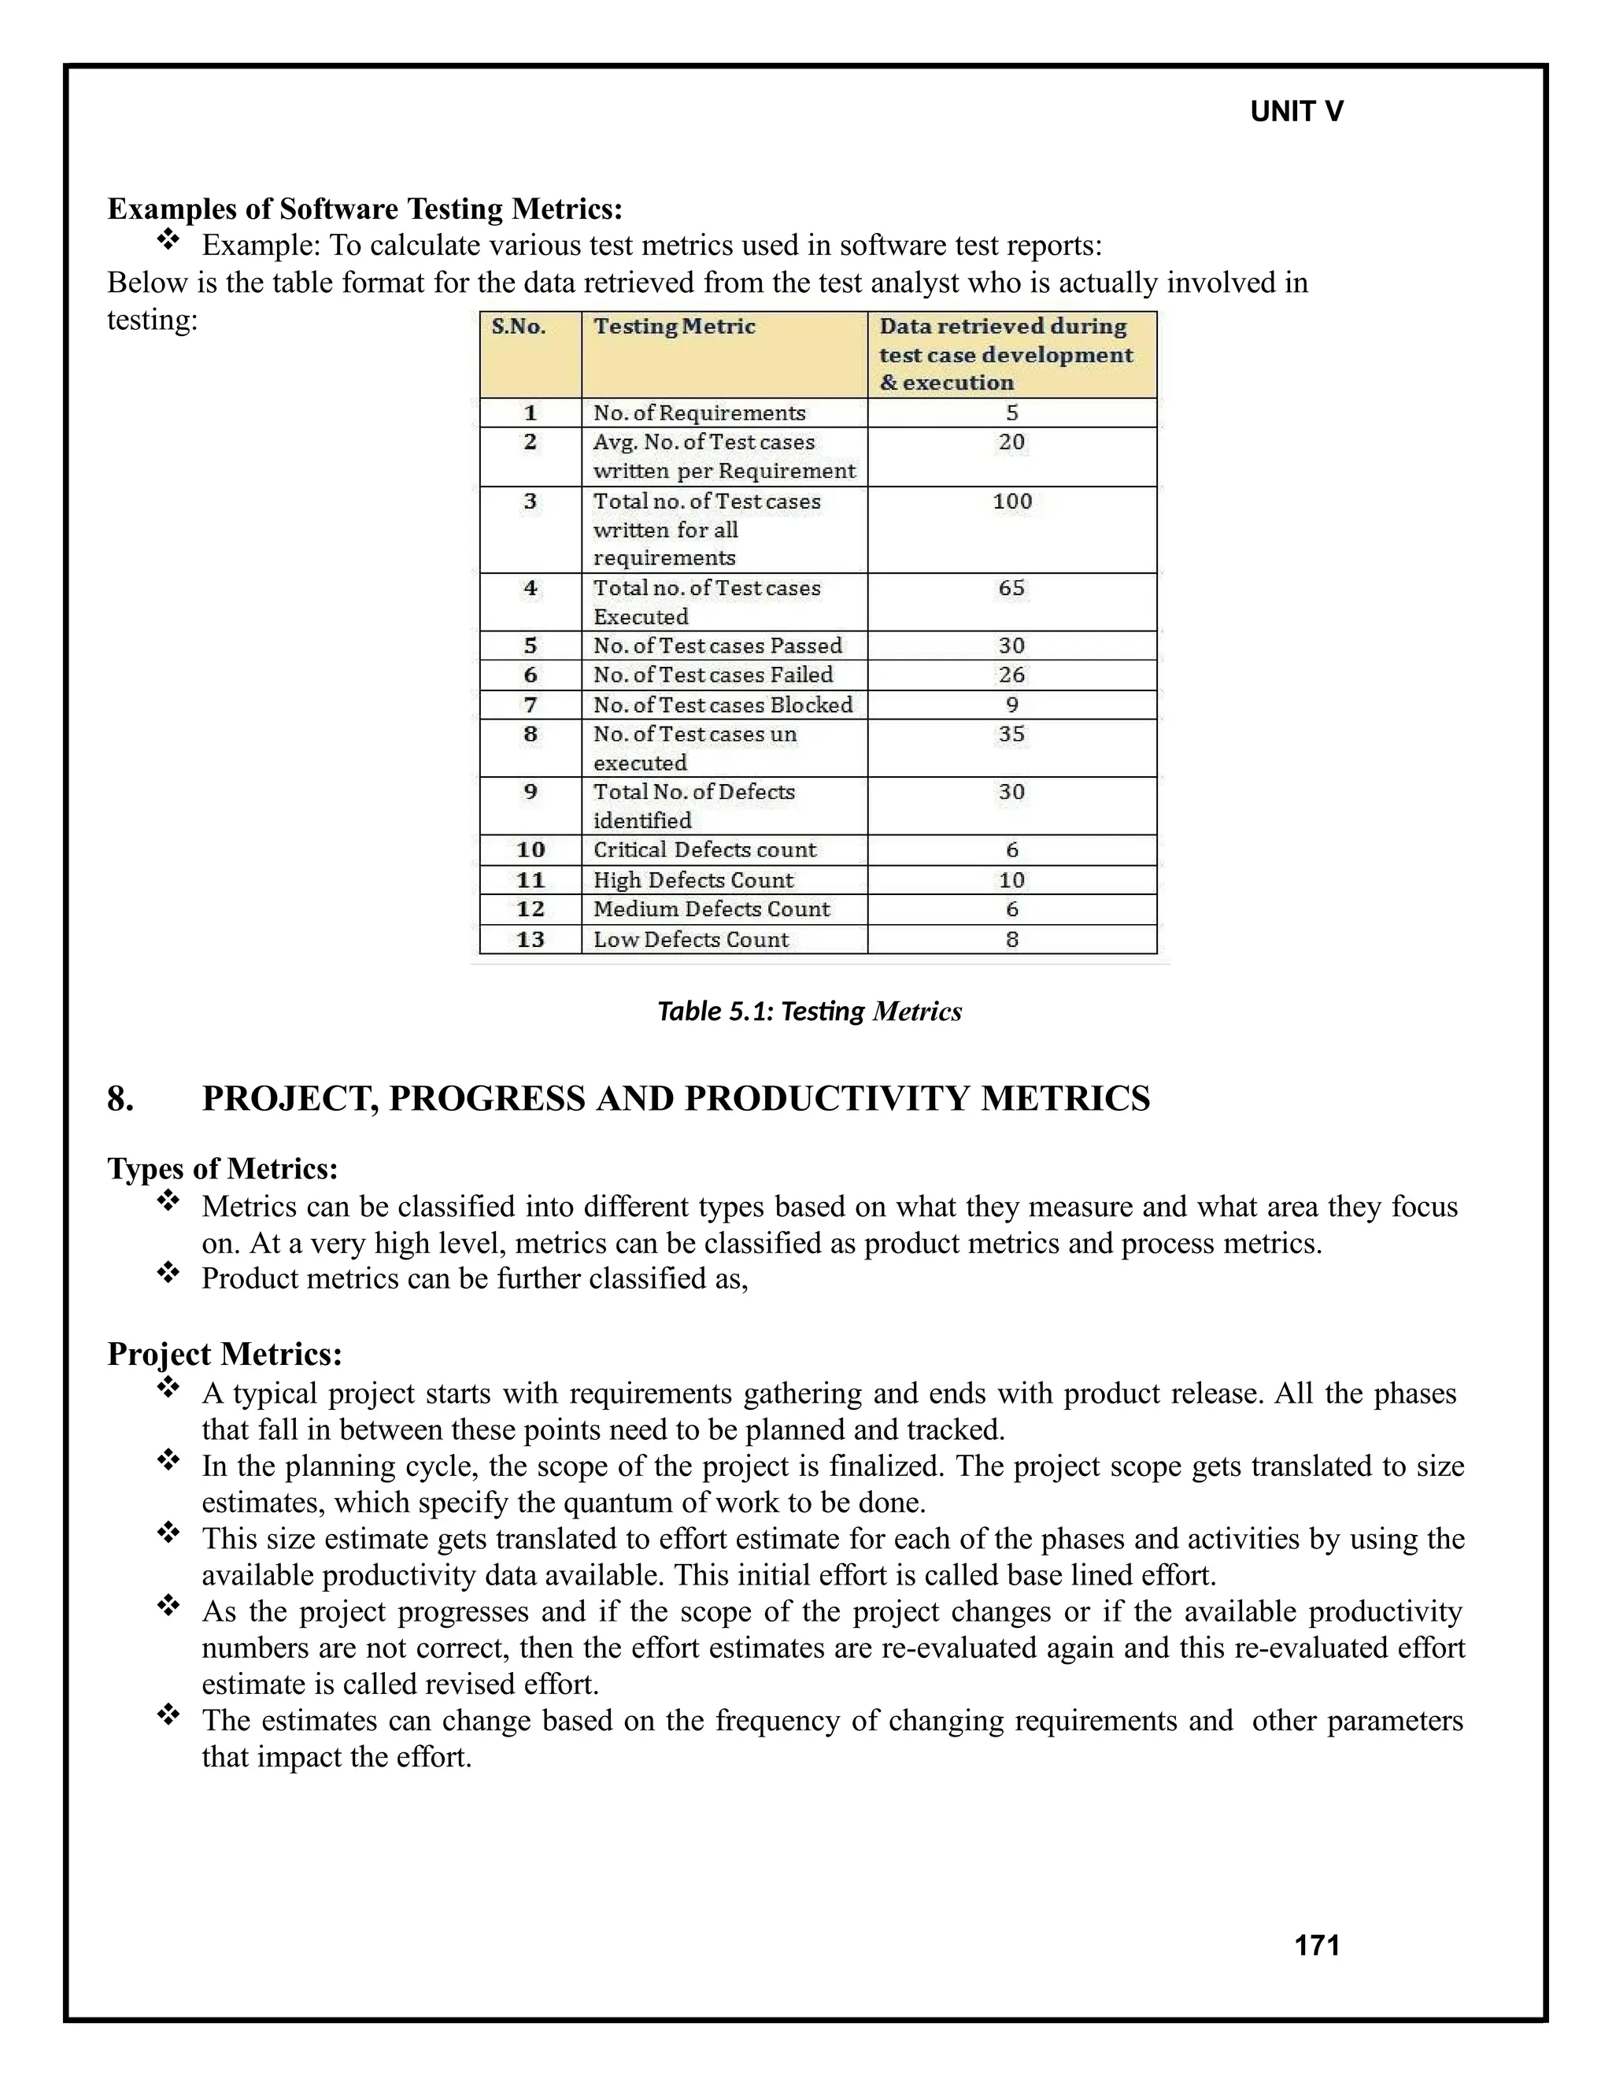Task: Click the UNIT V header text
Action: click(x=1296, y=112)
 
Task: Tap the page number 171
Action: click(x=1316, y=1946)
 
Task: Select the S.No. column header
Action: click(x=519, y=327)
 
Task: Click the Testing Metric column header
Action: click(x=675, y=327)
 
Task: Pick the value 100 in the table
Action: click(x=1011, y=501)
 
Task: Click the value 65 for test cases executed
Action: click(x=1011, y=588)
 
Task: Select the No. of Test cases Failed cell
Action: click(x=712, y=675)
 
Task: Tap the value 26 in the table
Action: click(x=1011, y=675)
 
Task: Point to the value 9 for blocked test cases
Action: click(x=1011, y=705)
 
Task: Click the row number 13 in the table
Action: click(x=530, y=940)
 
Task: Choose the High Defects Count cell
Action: click(x=693, y=881)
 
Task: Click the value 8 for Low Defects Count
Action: click(x=1011, y=940)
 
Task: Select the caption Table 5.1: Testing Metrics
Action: click(x=809, y=1012)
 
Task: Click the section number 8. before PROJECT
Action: click(x=120, y=1100)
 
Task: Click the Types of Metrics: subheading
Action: click(x=223, y=1169)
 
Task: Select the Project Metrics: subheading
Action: click(x=224, y=1355)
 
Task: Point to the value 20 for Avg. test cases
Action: click(x=1011, y=442)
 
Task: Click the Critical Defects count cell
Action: click(x=704, y=850)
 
